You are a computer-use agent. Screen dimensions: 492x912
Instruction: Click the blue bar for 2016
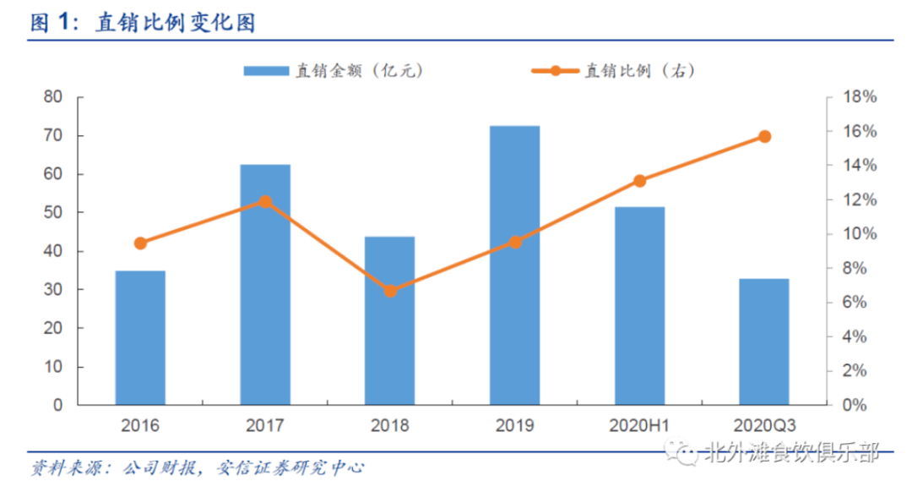coord(140,337)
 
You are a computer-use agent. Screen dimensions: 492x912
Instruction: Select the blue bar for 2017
coord(265,284)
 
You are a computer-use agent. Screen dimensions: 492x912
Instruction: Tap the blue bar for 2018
coord(389,320)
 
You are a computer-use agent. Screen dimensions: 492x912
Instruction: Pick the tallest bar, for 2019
coord(514,265)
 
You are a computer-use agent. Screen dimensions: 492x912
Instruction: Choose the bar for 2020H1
coord(639,305)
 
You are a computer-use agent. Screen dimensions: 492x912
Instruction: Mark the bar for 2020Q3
coord(764,342)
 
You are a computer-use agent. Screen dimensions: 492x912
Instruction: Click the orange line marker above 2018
coord(390,291)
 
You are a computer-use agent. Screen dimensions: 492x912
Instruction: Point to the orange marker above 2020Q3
coord(764,136)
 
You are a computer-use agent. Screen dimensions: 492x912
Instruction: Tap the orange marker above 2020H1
coord(639,181)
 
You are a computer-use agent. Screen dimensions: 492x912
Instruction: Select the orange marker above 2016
coord(140,243)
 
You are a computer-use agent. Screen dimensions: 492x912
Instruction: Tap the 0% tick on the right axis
coord(856,405)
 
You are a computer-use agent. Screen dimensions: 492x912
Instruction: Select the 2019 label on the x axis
coord(514,425)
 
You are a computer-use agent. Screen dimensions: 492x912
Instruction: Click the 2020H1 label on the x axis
coord(639,425)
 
